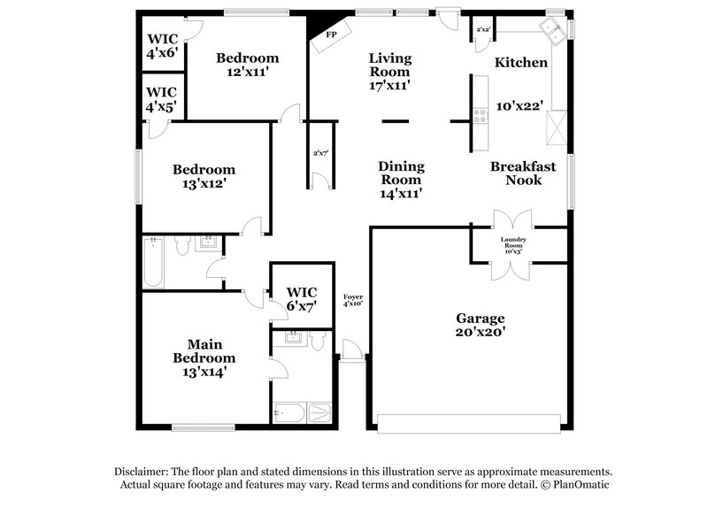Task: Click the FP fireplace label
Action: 332,35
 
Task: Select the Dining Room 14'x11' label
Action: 401,180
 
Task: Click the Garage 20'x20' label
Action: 480,325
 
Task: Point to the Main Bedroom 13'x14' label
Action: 204,357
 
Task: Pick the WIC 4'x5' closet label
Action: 161,99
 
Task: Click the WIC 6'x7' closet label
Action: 300,298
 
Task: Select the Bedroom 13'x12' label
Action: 204,176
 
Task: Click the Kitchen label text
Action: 520,63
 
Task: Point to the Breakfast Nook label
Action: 523,173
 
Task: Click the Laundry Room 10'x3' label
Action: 513,245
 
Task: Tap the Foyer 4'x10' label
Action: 352,300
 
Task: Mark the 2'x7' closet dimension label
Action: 319,152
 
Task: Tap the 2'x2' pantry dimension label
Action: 483,30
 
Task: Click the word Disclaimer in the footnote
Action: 142,472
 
